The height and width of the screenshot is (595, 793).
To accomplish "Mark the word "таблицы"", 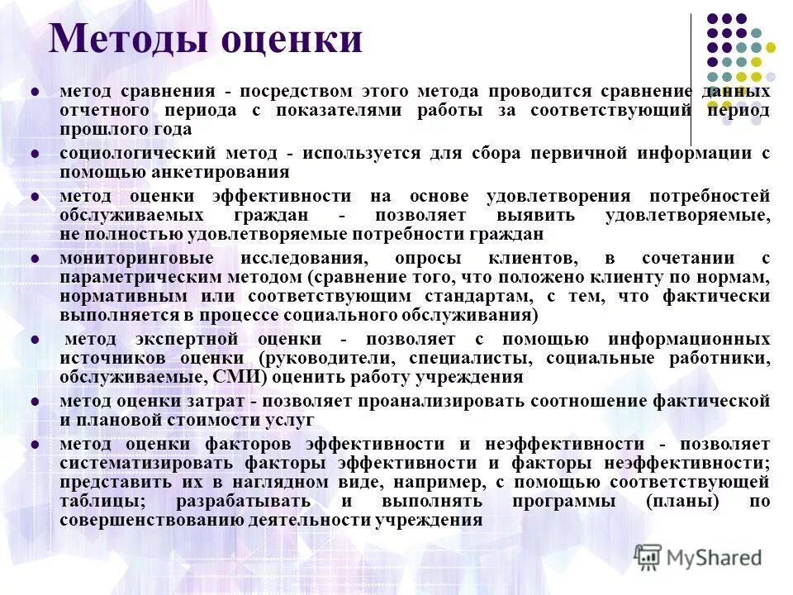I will tap(94, 502).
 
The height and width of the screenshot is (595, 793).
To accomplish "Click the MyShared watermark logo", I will tap(698, 557).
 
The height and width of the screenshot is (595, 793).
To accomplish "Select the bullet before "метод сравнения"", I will tap(35, 91).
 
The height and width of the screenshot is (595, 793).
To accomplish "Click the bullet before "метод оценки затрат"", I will tap(35, 402).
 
